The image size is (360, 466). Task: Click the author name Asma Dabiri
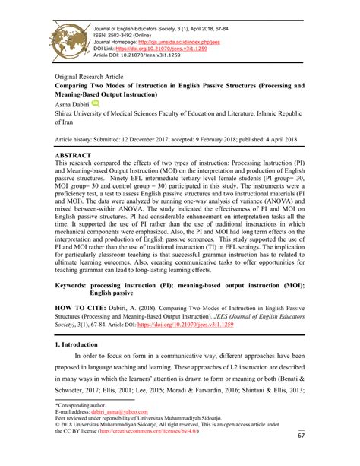click(72, 103)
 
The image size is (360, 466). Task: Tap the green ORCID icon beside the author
click(96, 103)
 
